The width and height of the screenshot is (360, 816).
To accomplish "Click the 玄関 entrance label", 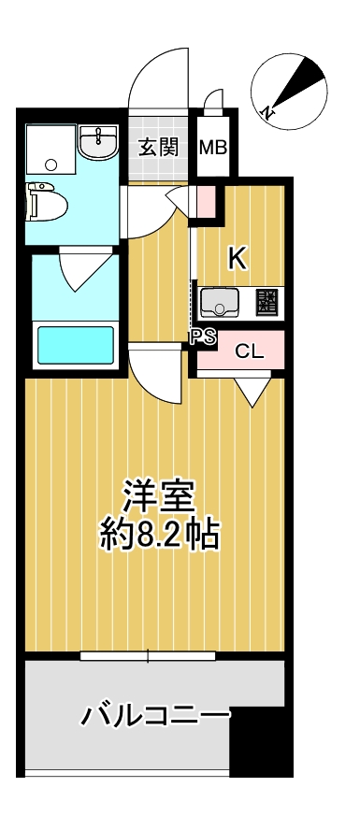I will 158,147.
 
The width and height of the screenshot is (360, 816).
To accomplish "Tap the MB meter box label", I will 213,147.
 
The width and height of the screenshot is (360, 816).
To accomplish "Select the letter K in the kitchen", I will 238,259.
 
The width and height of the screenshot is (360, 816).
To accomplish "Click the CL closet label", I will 247,351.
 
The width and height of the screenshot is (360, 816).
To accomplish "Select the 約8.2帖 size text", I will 159,535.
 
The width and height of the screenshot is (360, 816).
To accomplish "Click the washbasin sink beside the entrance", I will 96,145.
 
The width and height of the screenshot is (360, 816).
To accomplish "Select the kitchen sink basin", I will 222,302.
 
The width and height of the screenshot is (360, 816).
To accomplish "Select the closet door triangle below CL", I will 252,390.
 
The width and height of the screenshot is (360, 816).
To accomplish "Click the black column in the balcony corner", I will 257,742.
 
